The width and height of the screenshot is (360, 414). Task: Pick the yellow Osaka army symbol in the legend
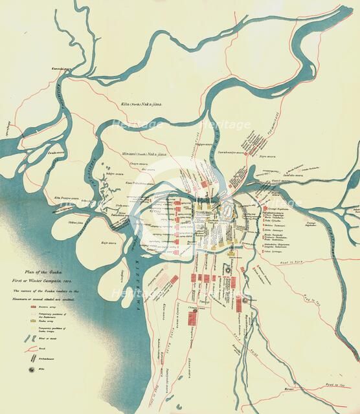point(30,318)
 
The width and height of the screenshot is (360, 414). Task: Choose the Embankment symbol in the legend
point(30,358)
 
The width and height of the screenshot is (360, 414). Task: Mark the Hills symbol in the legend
point(30,369)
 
